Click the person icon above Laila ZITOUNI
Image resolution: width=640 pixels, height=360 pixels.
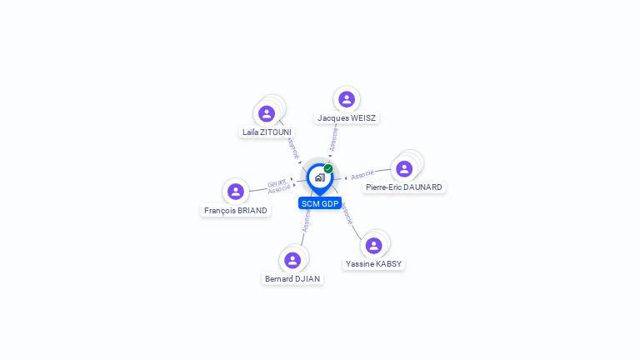tap(267, 113)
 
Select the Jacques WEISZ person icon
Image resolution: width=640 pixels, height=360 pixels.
tap(347, 99)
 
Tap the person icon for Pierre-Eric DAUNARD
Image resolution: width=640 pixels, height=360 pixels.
tap(404, 168)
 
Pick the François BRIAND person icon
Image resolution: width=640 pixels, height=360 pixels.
tap(236, 192)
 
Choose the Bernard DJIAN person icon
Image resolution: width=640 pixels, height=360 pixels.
tap(292, 260)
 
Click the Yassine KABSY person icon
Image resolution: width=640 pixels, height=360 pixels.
tap(373, 245)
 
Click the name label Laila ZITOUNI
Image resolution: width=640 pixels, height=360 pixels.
tap(267, 132)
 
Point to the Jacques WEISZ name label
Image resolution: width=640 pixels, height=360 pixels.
tap(347, 118)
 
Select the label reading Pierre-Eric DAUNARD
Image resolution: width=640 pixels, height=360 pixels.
tap(404, 187)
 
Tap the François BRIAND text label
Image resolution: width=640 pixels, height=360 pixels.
tap(236, 211)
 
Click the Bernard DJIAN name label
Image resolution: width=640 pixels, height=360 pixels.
tap(292, 279)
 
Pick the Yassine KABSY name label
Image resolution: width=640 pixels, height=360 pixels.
tap(373, 264)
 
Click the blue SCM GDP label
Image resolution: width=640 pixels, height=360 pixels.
tap(319, 203)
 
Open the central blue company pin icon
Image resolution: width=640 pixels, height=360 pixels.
tap(319, 177)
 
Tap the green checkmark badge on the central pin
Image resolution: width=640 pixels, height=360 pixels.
tap(328, 168)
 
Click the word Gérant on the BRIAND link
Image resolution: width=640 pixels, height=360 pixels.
tap(277, 182)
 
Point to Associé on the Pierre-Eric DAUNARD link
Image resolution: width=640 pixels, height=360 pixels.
tap(362, 175)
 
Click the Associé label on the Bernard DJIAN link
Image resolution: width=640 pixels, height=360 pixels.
tap(307, 221)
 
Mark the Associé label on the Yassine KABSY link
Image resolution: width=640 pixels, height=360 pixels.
tap(347, 213)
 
